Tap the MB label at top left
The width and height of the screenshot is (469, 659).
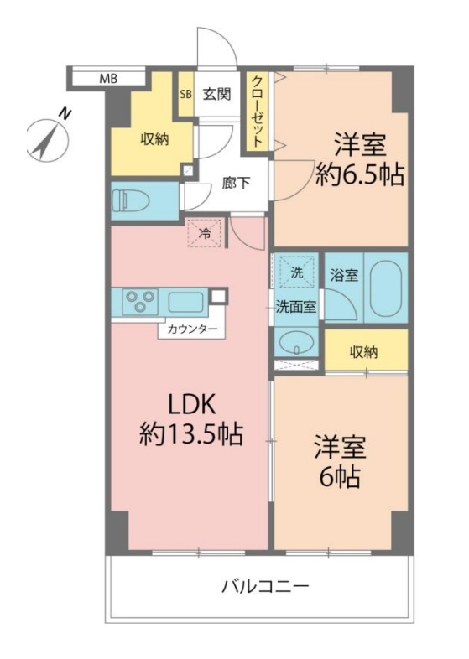pos(109,79)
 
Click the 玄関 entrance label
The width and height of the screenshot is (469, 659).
pos(216,94)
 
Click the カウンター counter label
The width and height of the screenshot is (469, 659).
pos(192,329)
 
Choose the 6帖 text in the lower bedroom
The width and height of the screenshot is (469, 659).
pos(339,476)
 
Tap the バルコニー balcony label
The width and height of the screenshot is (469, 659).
pos(265,585)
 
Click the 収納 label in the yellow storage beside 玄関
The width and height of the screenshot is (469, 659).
pos(154,139)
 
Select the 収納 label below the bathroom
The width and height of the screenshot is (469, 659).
pos(364,351)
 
